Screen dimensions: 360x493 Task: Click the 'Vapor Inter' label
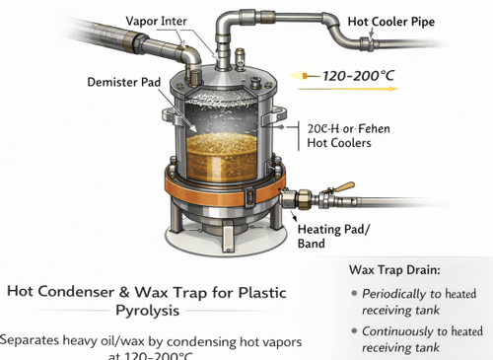(159, 21)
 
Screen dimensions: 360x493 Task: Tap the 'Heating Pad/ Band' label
(335, 236)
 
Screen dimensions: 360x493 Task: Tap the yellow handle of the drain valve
(344, 187)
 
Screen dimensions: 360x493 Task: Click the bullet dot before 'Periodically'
(355, 295)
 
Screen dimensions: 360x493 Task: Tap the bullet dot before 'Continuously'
(355, 332)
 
